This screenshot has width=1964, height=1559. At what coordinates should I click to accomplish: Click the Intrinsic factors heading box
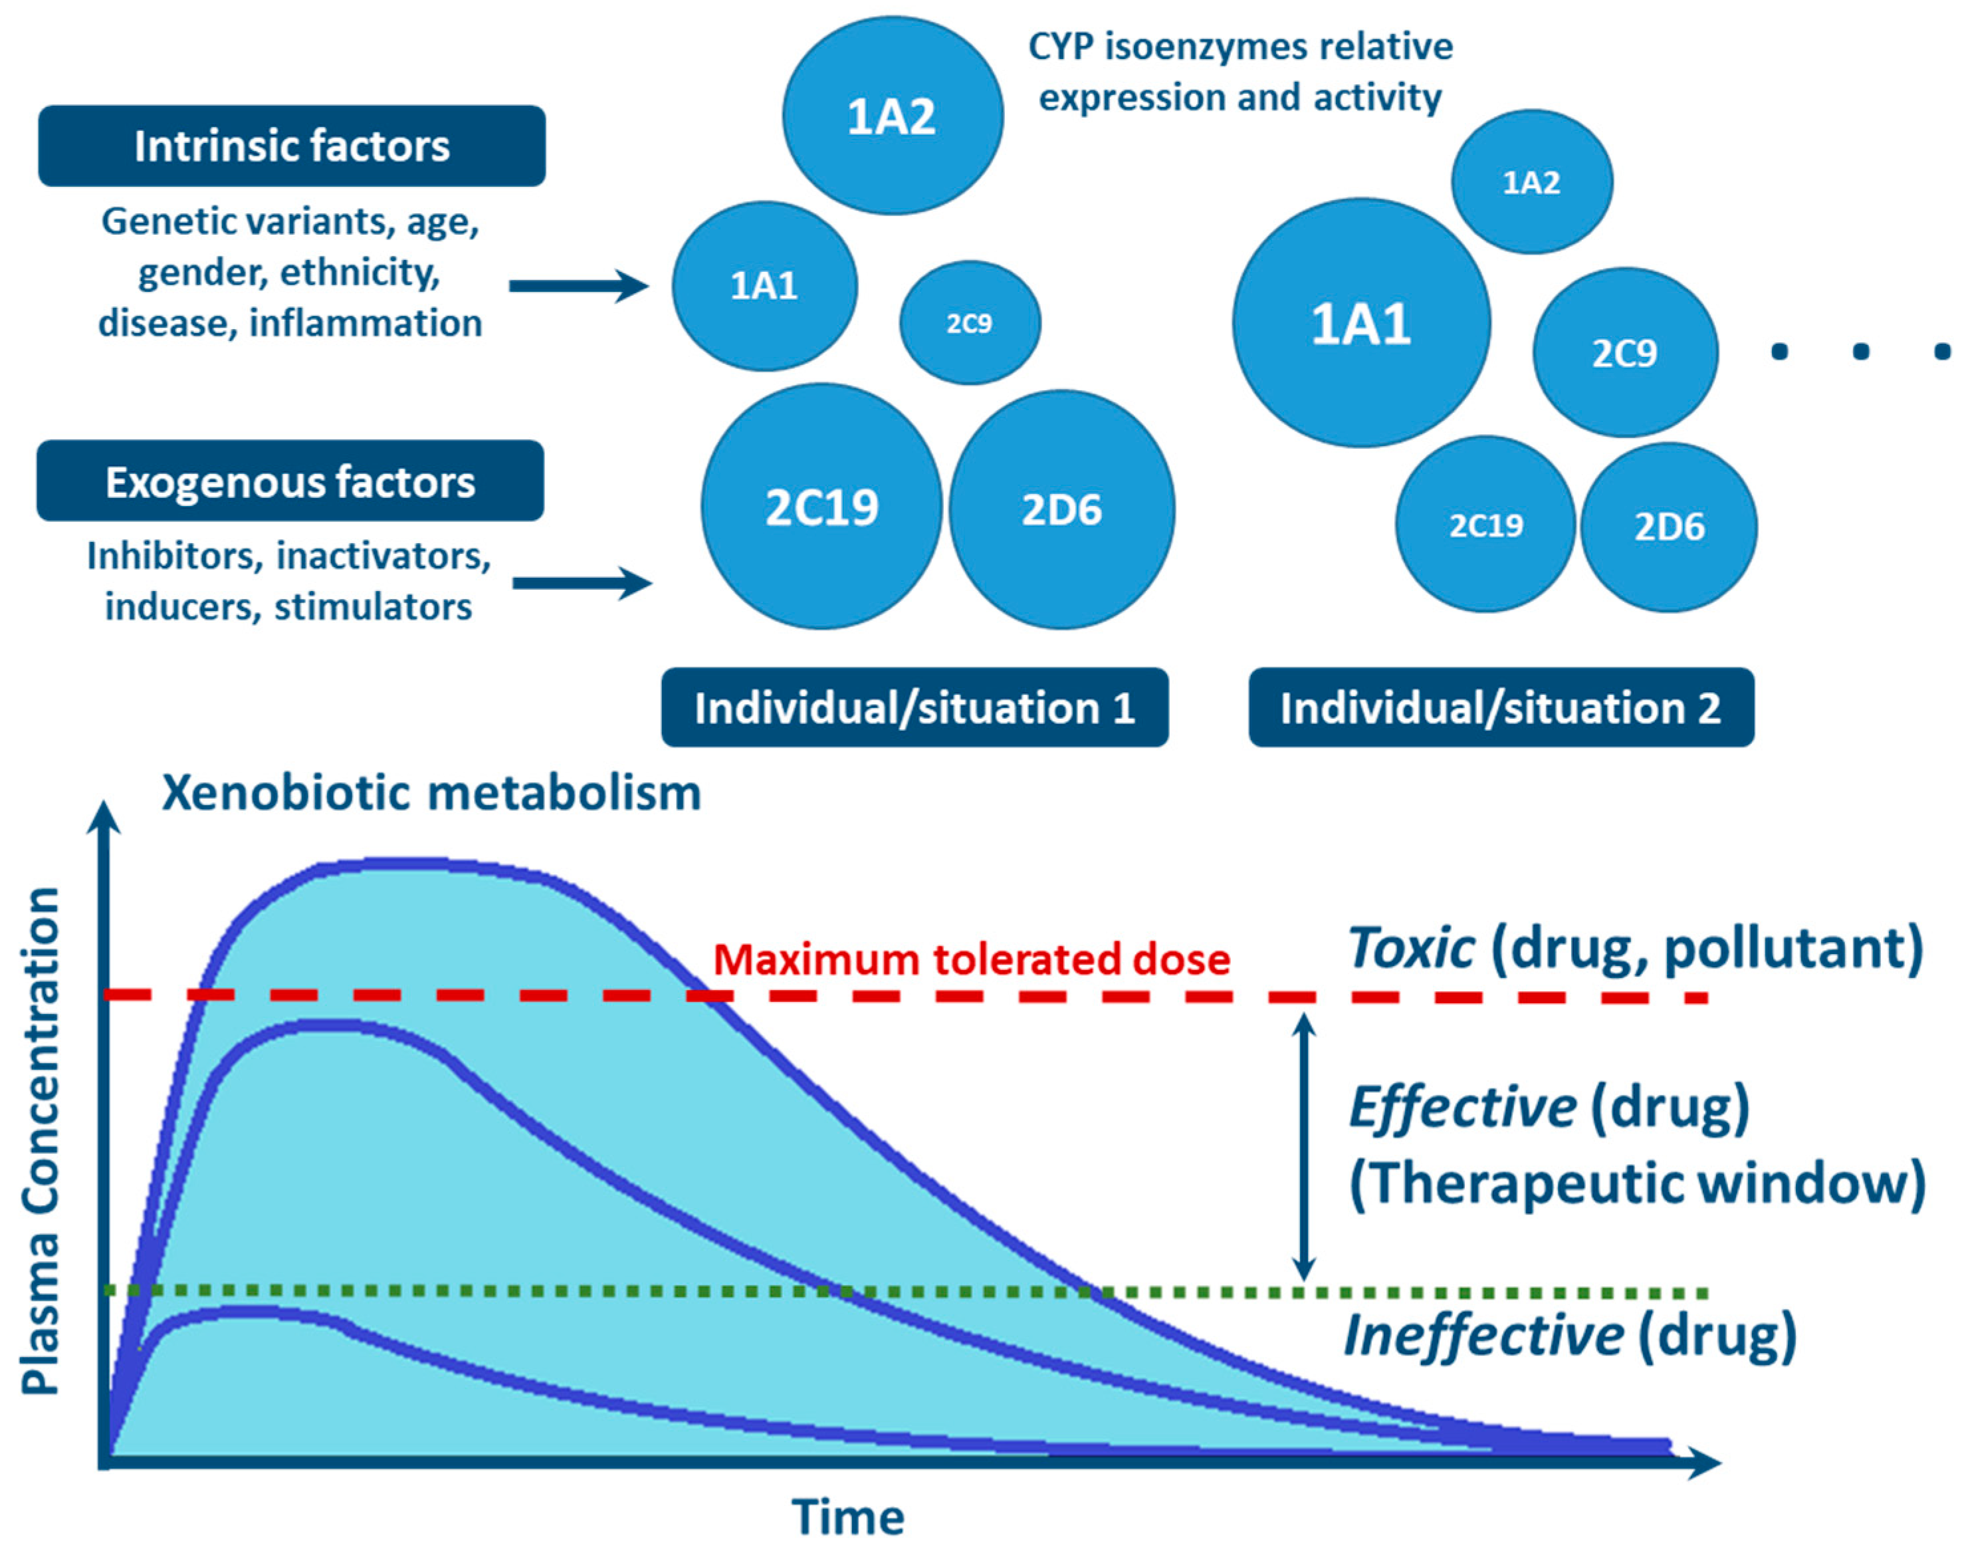(292, 146)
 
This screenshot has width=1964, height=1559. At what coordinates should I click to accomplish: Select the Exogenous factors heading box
(290, 481)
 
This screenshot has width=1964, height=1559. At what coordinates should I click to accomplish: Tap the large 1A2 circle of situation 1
(892, 116)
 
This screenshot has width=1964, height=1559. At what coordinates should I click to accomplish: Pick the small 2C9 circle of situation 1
(969, 322)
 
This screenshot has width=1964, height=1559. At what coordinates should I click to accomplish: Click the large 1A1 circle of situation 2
(1361, 322)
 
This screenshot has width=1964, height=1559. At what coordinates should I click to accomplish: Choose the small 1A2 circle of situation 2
(1531, 182)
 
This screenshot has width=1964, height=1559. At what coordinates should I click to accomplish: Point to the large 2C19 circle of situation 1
(821, 507)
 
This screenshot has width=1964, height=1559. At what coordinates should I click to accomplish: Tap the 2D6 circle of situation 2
(1669, 527)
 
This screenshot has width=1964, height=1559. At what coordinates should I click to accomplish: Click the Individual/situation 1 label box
(915, 707)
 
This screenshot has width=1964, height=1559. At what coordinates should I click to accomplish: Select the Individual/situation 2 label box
(1500, 707)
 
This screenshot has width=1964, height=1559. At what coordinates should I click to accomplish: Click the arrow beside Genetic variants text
(578, 285)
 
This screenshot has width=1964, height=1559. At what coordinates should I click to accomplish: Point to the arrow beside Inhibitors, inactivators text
(582, 582)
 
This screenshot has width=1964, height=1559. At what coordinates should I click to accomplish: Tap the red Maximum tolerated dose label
(971, 959)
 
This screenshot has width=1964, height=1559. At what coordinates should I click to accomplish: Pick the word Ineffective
(1483, 1336)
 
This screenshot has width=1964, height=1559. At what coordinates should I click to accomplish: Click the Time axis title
(848, 1517)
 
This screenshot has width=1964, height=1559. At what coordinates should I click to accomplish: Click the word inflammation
(366, 322)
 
